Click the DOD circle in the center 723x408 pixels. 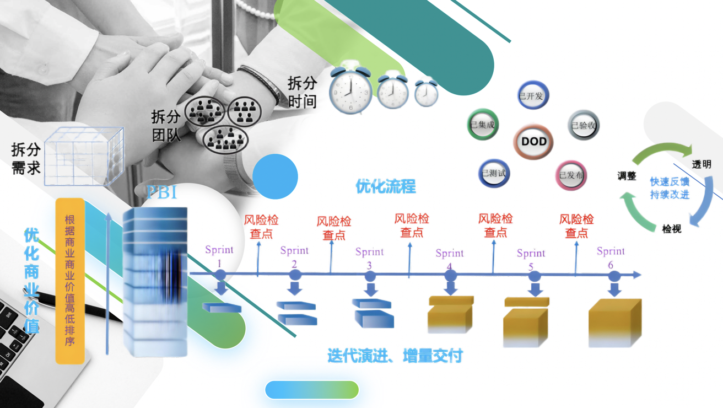point(533,142)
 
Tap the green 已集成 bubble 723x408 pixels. point(482,125)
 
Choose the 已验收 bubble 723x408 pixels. point(583,125)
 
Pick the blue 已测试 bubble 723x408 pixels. point(494,174)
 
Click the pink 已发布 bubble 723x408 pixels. point(571,175)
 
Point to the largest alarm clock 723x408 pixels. point(350,90)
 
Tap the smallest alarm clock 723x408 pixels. point(426,93)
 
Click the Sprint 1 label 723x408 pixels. point(219,255)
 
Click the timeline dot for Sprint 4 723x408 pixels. point(450,275)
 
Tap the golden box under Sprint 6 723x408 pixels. point(614,323)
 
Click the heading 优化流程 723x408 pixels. point(386,186)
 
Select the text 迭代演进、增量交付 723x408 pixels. point(395,356)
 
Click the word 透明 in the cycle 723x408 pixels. point(702,164)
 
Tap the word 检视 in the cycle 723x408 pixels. point(672,229)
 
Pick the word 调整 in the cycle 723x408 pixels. point(627,176)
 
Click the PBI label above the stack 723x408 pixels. point(161,193)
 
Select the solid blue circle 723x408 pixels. point(275,176)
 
